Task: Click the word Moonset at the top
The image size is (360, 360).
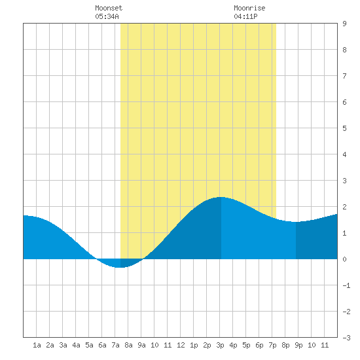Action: [109, 8]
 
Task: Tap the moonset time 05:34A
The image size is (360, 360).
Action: [107, 16]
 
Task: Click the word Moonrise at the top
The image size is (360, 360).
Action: [249, 8]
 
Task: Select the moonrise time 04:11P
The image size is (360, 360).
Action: [245, 16]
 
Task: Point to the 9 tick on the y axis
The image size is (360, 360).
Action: [344, 24]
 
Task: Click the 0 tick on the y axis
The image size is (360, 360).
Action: [344, 259]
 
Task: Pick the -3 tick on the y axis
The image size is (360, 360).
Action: [346, 338]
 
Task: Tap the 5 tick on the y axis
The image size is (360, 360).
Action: [344, 128]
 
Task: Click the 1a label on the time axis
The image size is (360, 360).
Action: [37, 345]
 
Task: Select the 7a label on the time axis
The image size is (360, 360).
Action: [115, 345]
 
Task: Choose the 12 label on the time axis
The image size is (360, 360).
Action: [181, 345]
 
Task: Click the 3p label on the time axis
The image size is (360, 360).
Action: [220, 345]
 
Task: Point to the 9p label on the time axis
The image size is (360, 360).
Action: [298, 345]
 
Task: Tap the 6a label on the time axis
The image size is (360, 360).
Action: [102, 345]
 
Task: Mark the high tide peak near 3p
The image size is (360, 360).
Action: [221, 197]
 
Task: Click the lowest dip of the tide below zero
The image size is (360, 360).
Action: [118, 268]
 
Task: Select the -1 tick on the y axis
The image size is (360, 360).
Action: [346, 285]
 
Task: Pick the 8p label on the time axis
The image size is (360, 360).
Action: [285, 345]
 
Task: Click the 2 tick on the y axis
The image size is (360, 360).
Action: [344, 207]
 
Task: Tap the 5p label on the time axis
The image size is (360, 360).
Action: [246, 345]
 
